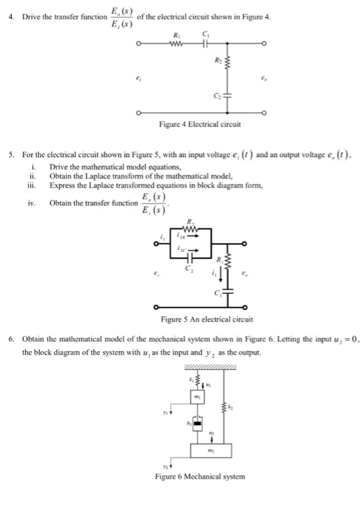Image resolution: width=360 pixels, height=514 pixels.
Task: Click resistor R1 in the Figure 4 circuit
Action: coord(174,43)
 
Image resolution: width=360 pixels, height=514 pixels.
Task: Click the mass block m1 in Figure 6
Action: coord(197,397)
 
